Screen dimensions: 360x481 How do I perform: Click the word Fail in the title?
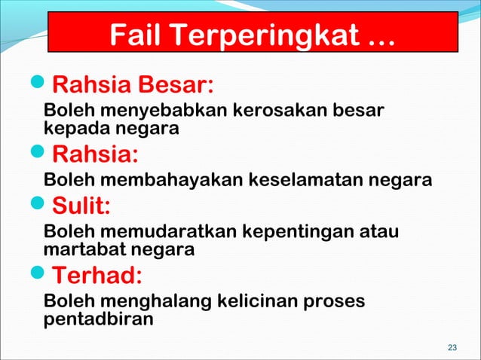[138, 34]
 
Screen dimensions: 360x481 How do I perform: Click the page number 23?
[452, 347]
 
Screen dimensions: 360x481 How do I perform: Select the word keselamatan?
[310, 181]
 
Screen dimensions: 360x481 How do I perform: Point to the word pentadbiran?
[98, 319]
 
